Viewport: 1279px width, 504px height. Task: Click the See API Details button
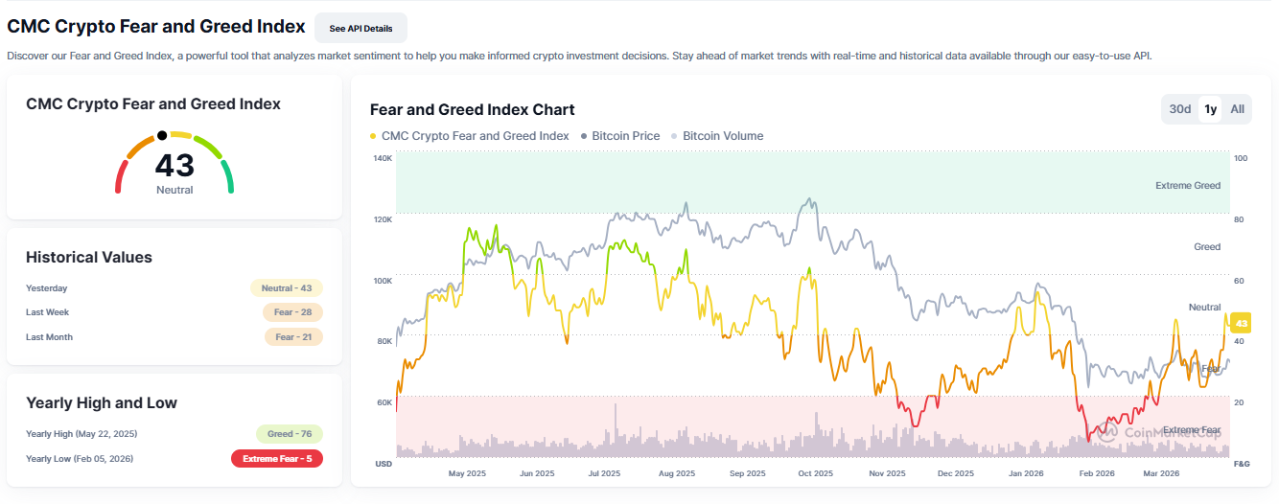pos(360,29)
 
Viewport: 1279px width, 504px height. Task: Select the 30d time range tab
pos(1179,109)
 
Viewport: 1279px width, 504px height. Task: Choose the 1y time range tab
pos(1211,109)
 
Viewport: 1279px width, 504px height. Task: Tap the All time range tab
pos(1238,109)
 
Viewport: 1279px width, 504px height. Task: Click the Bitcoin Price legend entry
pos(625,136)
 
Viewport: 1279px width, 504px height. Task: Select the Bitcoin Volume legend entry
pos(722,136)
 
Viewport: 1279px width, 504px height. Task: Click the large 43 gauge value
pos(174,166)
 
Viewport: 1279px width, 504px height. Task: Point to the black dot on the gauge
pos(162,135)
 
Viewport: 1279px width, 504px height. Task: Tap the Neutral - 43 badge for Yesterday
pos(287,287)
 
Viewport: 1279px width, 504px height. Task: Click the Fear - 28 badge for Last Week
pos(292,312)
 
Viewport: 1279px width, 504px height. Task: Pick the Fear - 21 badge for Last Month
pos(293,337)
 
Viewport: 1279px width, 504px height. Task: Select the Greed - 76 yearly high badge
pos(290,434)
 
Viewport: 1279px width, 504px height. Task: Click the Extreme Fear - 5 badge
pos(277,459)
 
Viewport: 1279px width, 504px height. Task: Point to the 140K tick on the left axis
pos(383,158)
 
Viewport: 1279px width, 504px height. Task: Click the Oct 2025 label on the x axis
pos(816,473)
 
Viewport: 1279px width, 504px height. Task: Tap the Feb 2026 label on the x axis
pos(1096,473)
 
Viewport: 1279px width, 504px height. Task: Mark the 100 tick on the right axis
pos(1240,158)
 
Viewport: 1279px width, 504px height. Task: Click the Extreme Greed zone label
pos(1188,185)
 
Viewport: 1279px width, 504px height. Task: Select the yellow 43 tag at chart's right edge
pos(1241,322)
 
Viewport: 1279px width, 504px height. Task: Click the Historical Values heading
pos(89,257)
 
